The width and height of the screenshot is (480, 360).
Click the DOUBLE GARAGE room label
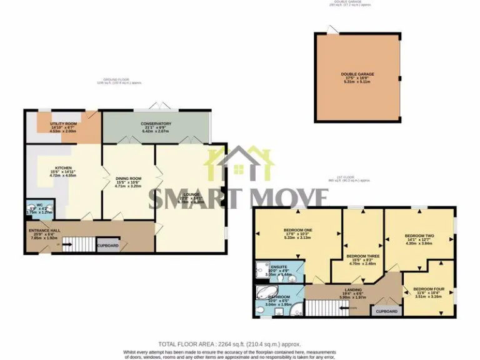pyautogui.click(x=357, y=74)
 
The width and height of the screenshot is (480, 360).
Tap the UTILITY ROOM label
pyautogui.click(x=62, y=124)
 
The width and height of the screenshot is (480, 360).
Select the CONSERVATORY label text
pyautogui.click(x=156, y=124)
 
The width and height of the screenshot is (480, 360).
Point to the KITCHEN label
pyautogui.click(x=63, y=168)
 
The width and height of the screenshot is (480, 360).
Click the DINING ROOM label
pyautogui.click(x=129, y=178)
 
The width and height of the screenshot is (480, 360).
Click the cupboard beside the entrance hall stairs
pyautogui.click(x=107, y=246)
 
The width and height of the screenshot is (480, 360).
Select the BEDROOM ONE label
pyautogui.click(x=297, y=230)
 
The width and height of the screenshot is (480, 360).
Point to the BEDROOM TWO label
pyautogui.click(x=420, y=236)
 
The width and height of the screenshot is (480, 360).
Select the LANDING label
pyautogui.click(x=352, y=289)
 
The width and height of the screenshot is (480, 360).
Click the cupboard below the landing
pyautogui.click(x=387, y=311)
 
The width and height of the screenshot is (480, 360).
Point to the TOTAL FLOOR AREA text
pyautogui.click(x=229, y=344)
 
